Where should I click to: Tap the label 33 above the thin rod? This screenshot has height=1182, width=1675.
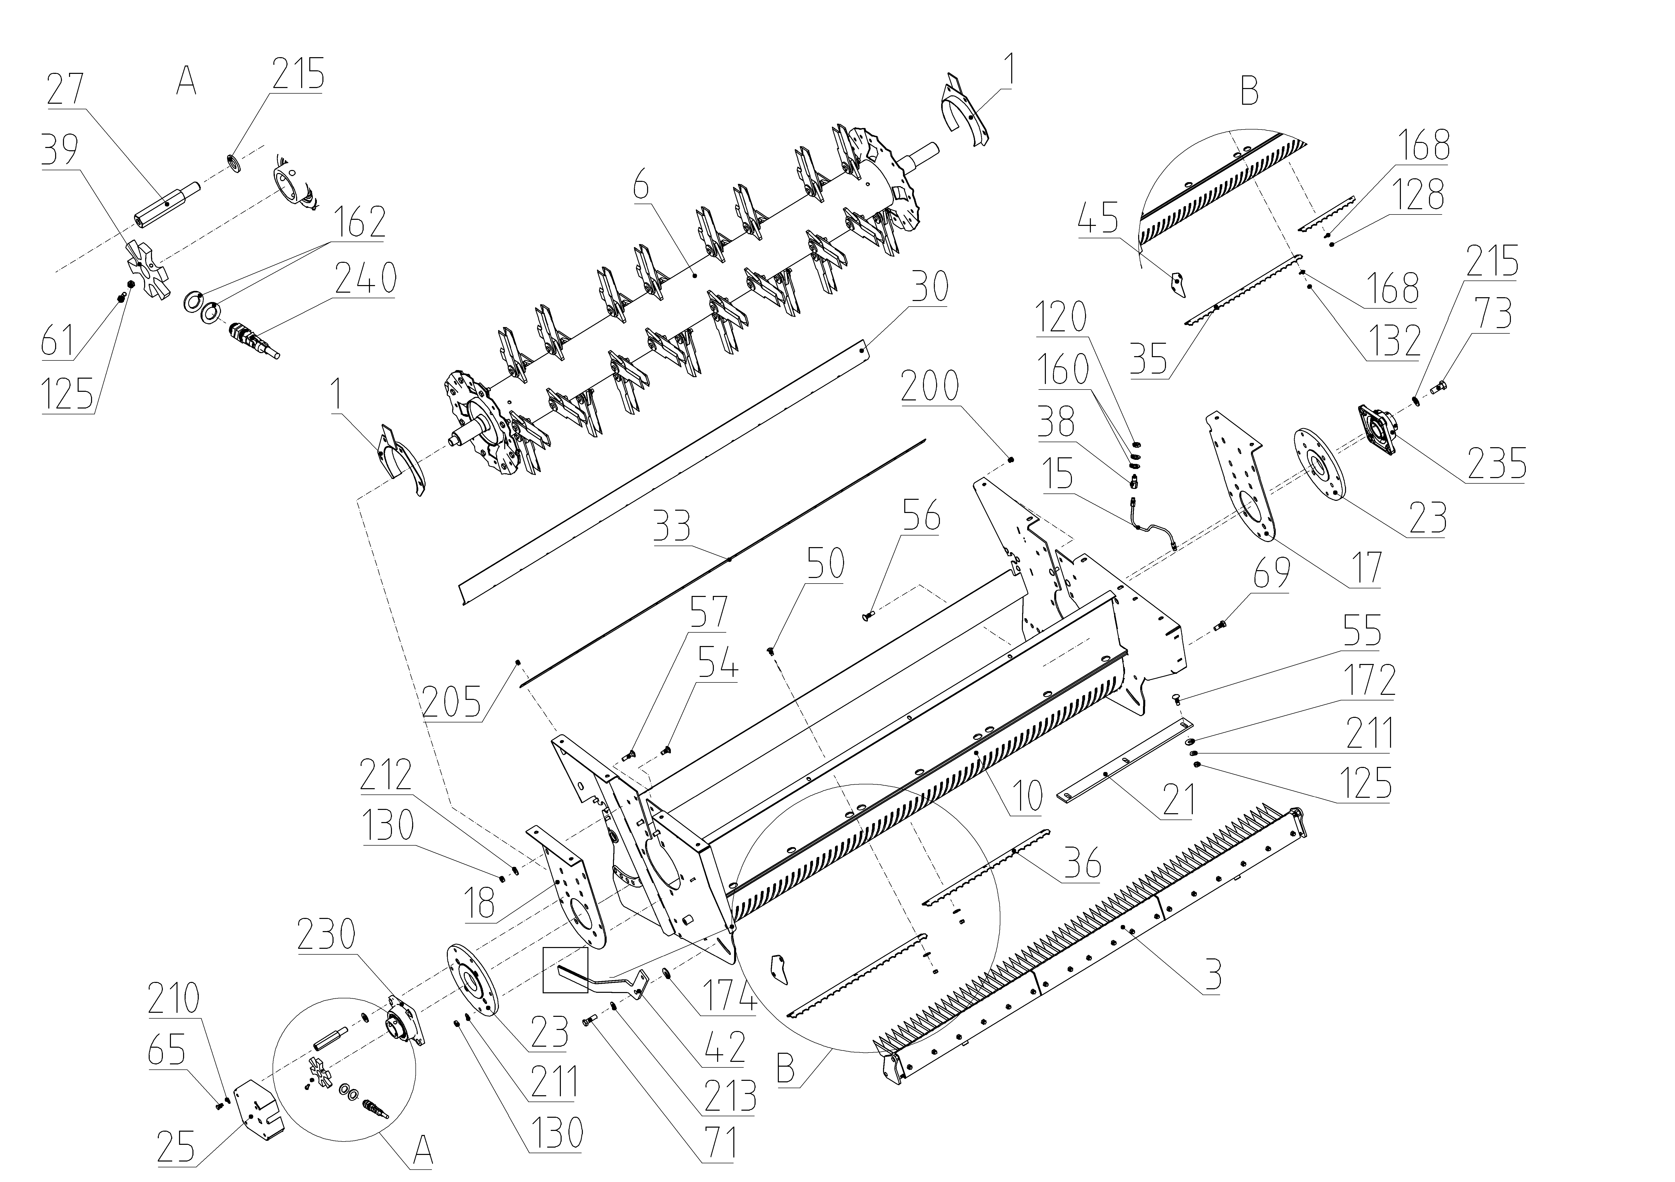(672, 525)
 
